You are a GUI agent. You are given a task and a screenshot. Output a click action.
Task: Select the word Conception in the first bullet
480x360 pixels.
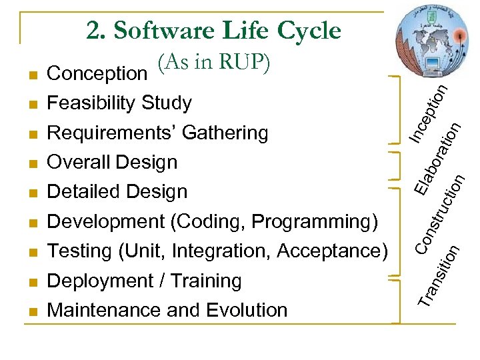(x=97, y=73)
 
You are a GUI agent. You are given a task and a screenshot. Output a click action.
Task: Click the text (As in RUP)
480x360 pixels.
(x=214, y=63)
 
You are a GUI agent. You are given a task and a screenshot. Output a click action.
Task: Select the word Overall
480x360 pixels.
(x=79, y=162)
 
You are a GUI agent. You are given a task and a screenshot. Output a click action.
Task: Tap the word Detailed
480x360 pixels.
(x=84, y=192)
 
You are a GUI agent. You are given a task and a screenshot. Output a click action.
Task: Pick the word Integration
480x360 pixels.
(x=221, y=251)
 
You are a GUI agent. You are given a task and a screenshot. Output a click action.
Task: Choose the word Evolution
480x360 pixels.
(x=247, y=310)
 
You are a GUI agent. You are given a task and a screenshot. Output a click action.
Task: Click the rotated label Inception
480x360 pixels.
(x=427, y=111)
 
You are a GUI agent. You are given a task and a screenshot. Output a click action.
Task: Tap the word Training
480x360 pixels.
(x=206, y=281)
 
